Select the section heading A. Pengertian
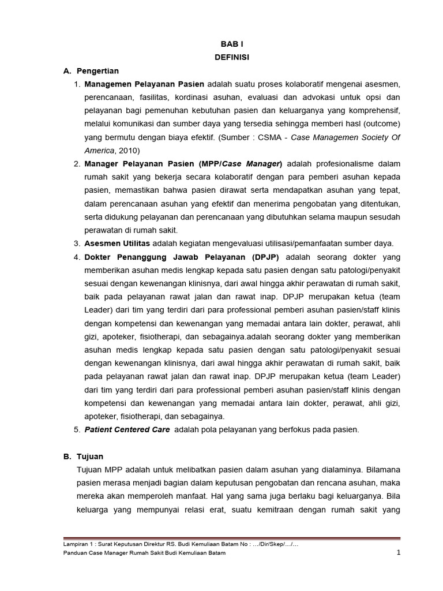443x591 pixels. point(91,71)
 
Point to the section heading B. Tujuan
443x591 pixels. point(83,456)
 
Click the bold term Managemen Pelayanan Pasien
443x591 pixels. point(144,84)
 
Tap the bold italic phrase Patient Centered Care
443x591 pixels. point(127,429)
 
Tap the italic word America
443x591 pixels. point(99,151)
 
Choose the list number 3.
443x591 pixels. point(77,244)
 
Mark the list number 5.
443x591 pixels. point(77,429)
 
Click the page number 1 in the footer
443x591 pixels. point(398,552)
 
